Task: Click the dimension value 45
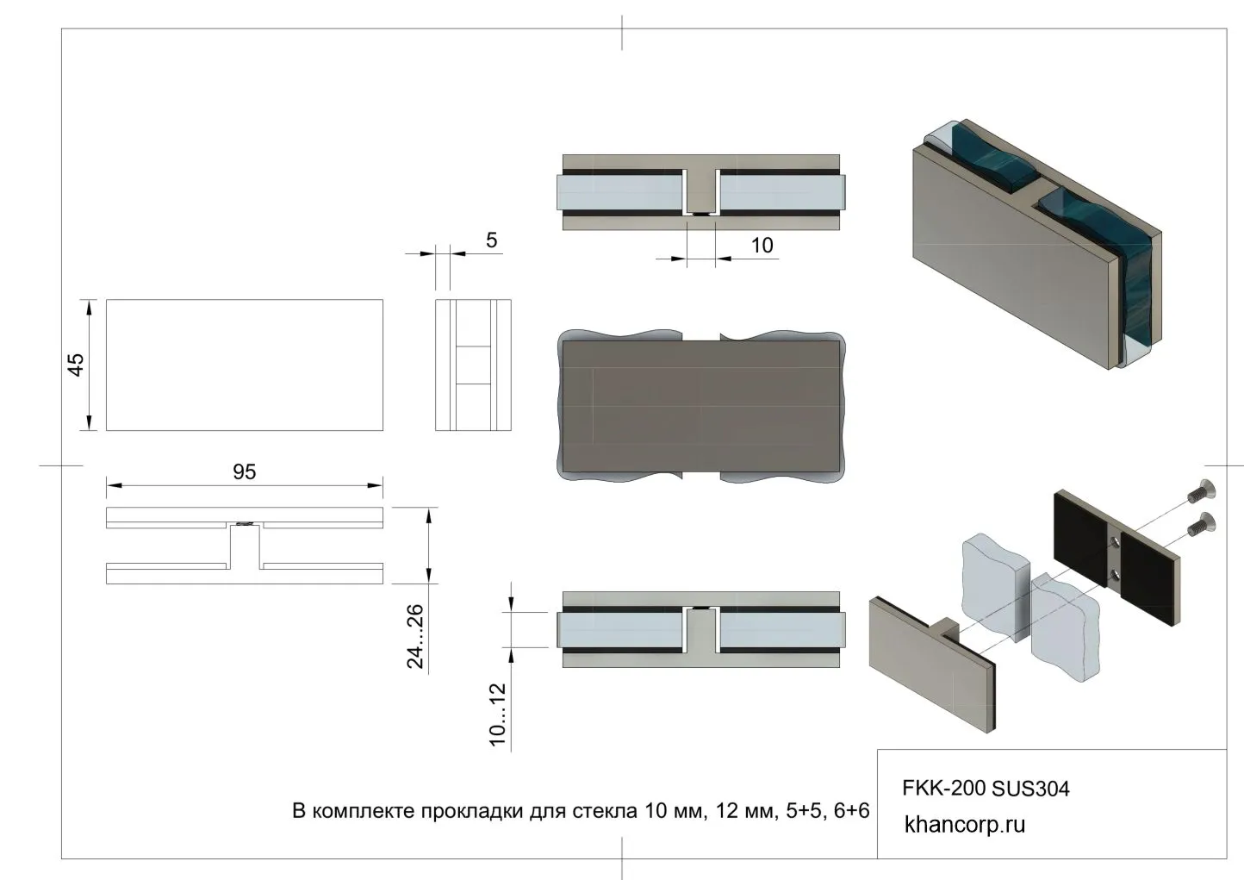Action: pyautogui.click(x=76, y=365)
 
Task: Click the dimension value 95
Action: pyautogui.click(x=245, y=471)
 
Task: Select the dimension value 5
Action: pyautogui.click(x=492, y=240)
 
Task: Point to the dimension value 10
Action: pyautogui.click(x=762, y=245)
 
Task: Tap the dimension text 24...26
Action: pyautogui.click(x=415, y=636)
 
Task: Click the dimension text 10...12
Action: pyautogui.click(x=498, y=715)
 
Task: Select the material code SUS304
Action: pyautogui.click(x=1030, y=789)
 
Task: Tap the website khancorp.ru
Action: pyautogui.click(x=965, y=825)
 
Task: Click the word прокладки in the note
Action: pyautogui.click(x=471, y=811)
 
